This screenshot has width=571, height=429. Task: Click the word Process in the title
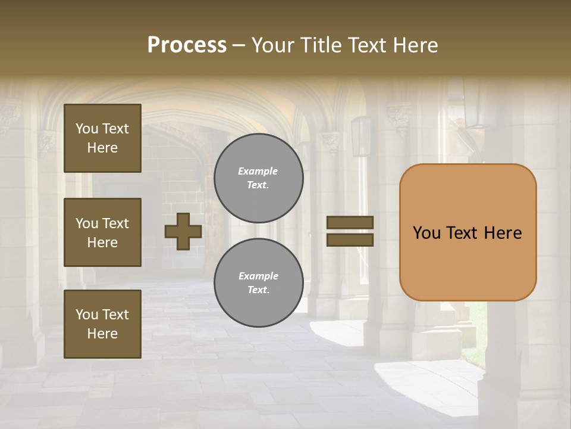187,45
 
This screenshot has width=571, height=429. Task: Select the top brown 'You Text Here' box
102,138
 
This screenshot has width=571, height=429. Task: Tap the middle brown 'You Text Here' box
102,232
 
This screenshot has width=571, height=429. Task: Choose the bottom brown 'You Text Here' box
102,324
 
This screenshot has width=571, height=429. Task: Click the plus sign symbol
183,232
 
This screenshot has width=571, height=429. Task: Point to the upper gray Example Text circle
258,178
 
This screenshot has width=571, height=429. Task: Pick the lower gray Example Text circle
258,283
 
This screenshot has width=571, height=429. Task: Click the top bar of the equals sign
350,222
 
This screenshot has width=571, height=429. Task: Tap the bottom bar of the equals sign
350,240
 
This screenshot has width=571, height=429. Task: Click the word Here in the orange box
503,233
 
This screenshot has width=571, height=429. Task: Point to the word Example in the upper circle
258,171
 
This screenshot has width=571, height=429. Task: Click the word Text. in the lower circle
258,290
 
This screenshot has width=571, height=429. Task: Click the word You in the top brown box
87,129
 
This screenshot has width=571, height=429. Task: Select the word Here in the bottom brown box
102,334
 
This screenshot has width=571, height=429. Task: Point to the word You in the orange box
426,233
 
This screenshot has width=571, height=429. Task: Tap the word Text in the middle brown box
115,223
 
